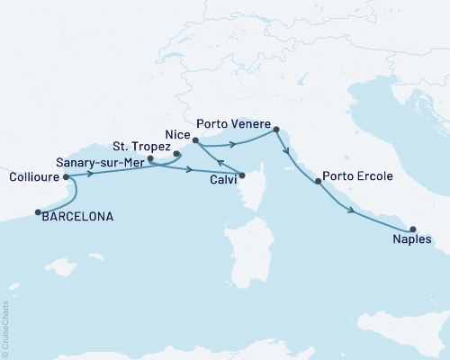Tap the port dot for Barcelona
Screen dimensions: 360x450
click(38, 212)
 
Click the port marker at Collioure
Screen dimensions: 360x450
click(66, 177)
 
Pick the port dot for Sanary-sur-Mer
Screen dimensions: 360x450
click(150, 159)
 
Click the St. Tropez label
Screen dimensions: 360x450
click(140, 143)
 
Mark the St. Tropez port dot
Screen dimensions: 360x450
click(176, 153)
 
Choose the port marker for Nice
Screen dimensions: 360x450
click(195, 139)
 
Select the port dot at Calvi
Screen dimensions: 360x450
click(241, 174)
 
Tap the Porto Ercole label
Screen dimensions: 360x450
click(357, 177)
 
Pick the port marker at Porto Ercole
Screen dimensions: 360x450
click(317, 183)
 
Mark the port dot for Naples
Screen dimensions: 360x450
click(412, 229)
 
